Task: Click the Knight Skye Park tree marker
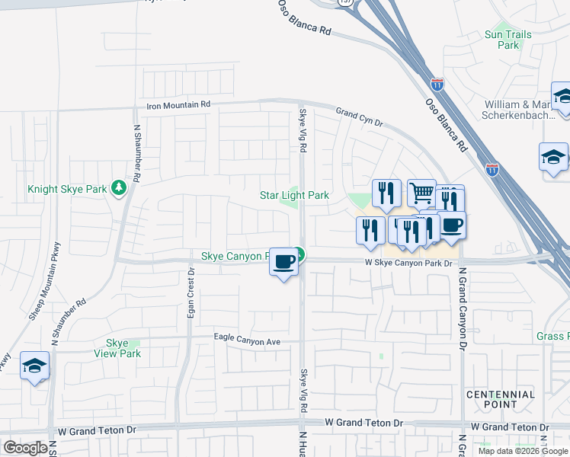click(x=118, y=187)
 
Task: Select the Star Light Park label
click(x=294, y=196)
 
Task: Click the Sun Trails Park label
click(x=502, y=40)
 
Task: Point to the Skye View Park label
click(x=117, y=348)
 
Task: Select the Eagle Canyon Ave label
click(x=248, y=342)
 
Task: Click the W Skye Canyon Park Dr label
click(x=408, y=264)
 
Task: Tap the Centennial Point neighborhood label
click(x=501, y=399)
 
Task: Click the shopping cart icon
click(x=421, y=193)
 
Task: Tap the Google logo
click(x=25, y=448)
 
